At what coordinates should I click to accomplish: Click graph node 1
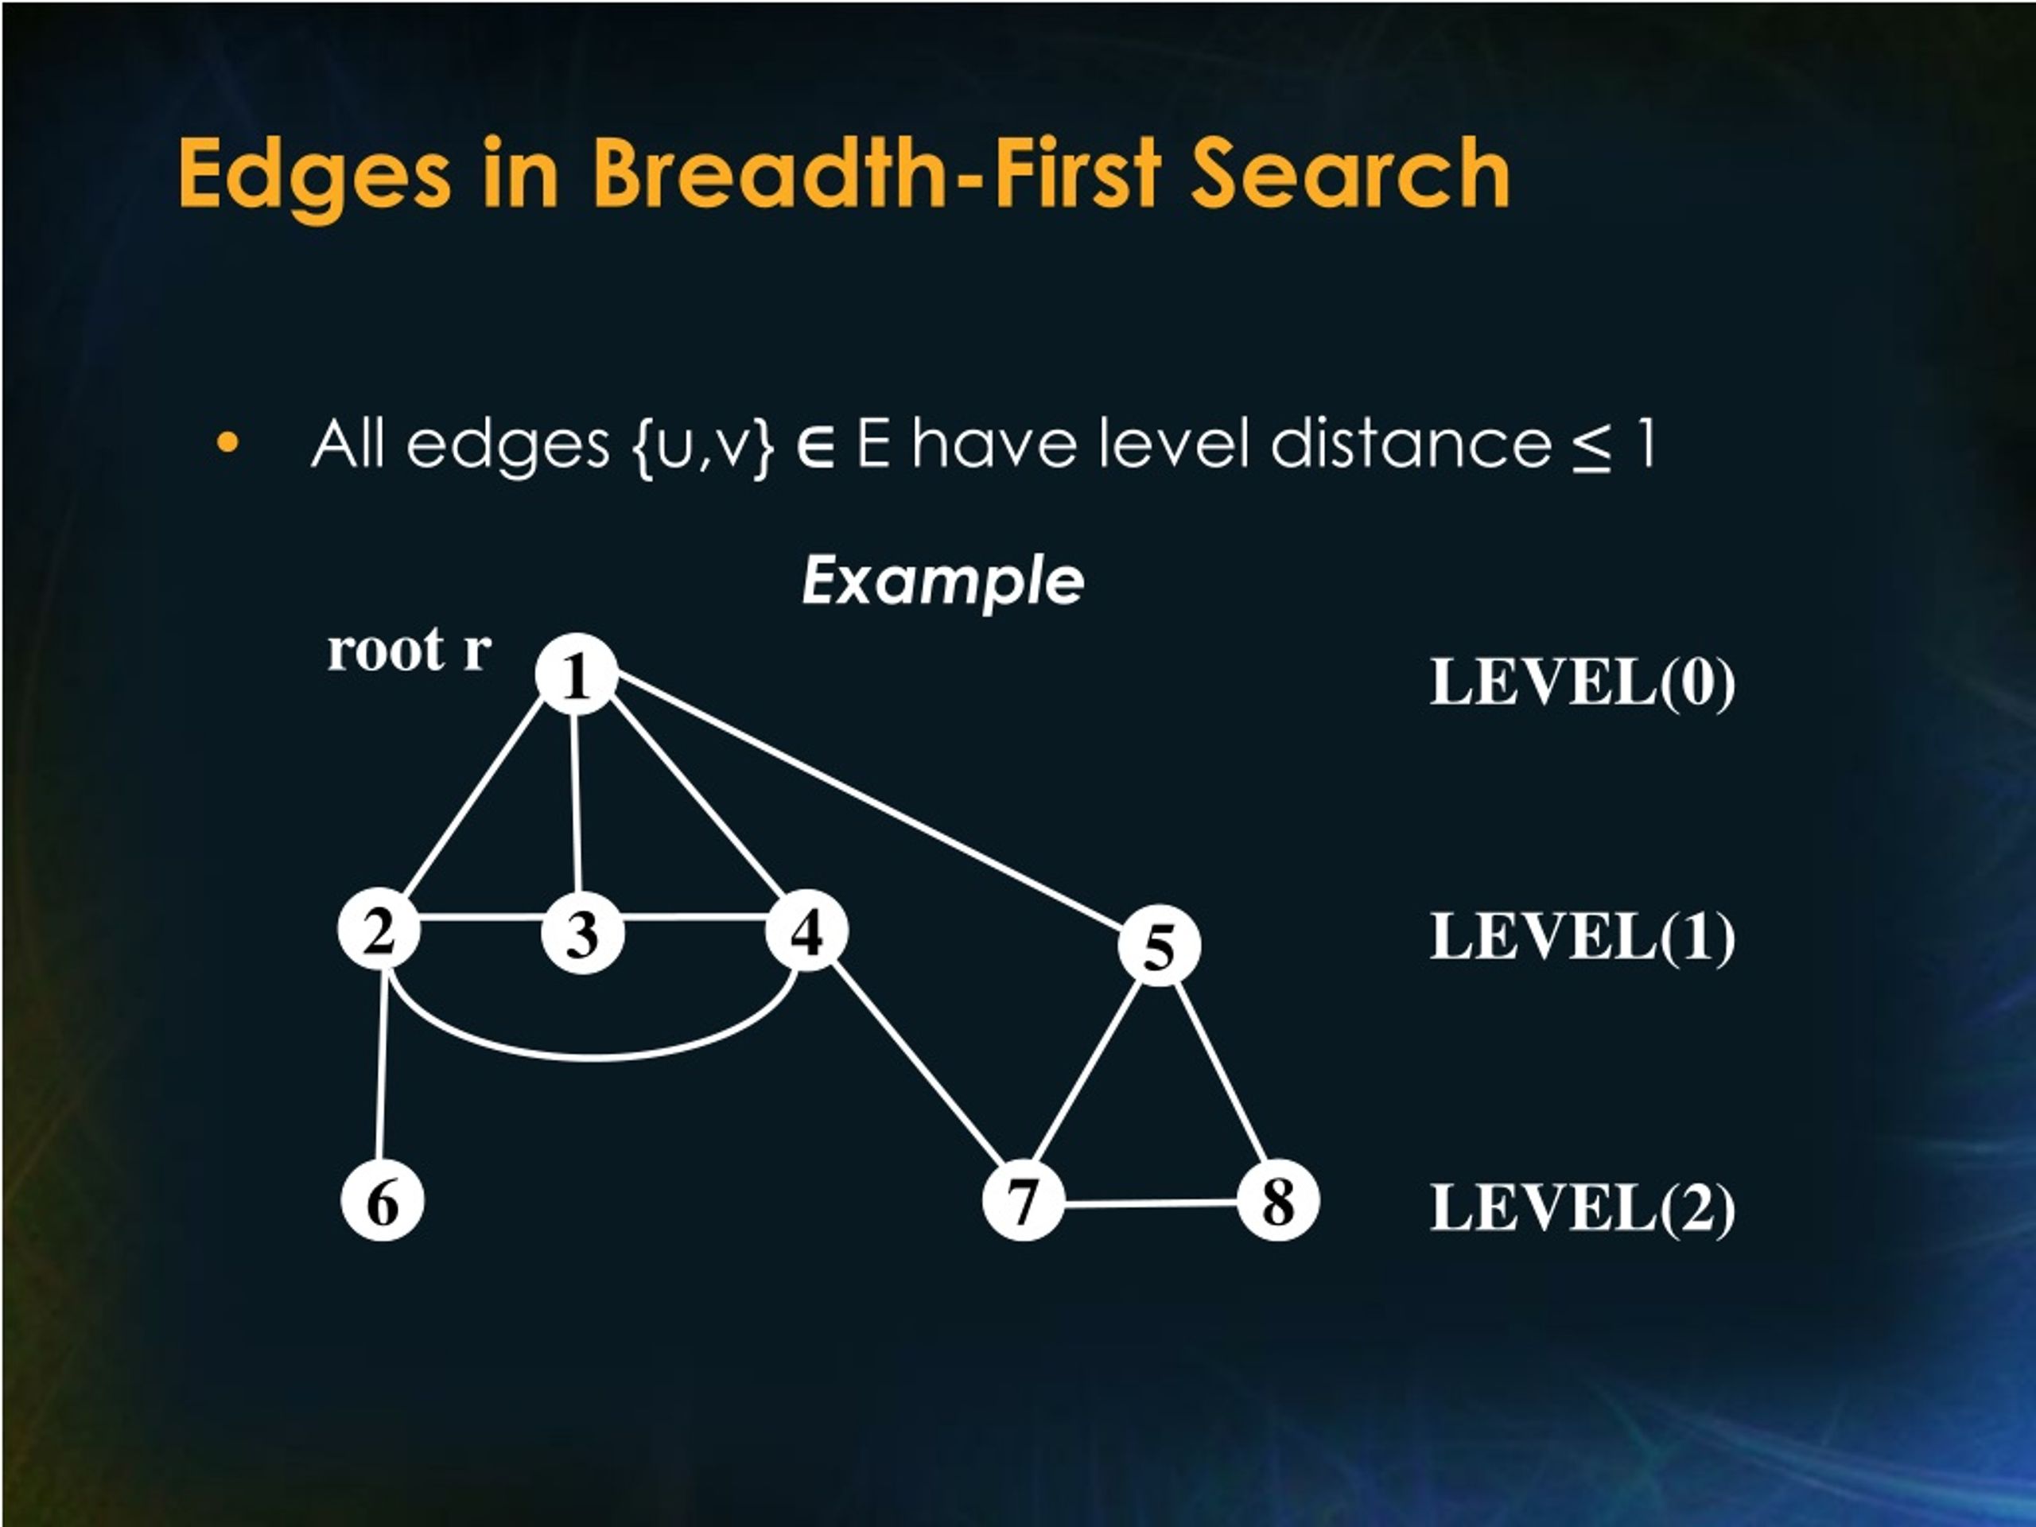click(x=576, y=674)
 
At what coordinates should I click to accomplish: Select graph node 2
click(x=379, y=931)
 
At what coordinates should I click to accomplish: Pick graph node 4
click(x=807, y=931)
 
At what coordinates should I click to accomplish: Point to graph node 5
click(x=1159, y=946)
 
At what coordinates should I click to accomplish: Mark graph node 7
click(x=1024, y=1200)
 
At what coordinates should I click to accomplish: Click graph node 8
click(x=1276, y=1200)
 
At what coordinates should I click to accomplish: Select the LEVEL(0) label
click(x=1581, y=683)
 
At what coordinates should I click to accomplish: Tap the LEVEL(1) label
click(x=1581, y=938)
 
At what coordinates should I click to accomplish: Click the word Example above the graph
click(x=942, y=581)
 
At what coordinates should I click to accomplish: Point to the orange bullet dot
click(x=227, y=443)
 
